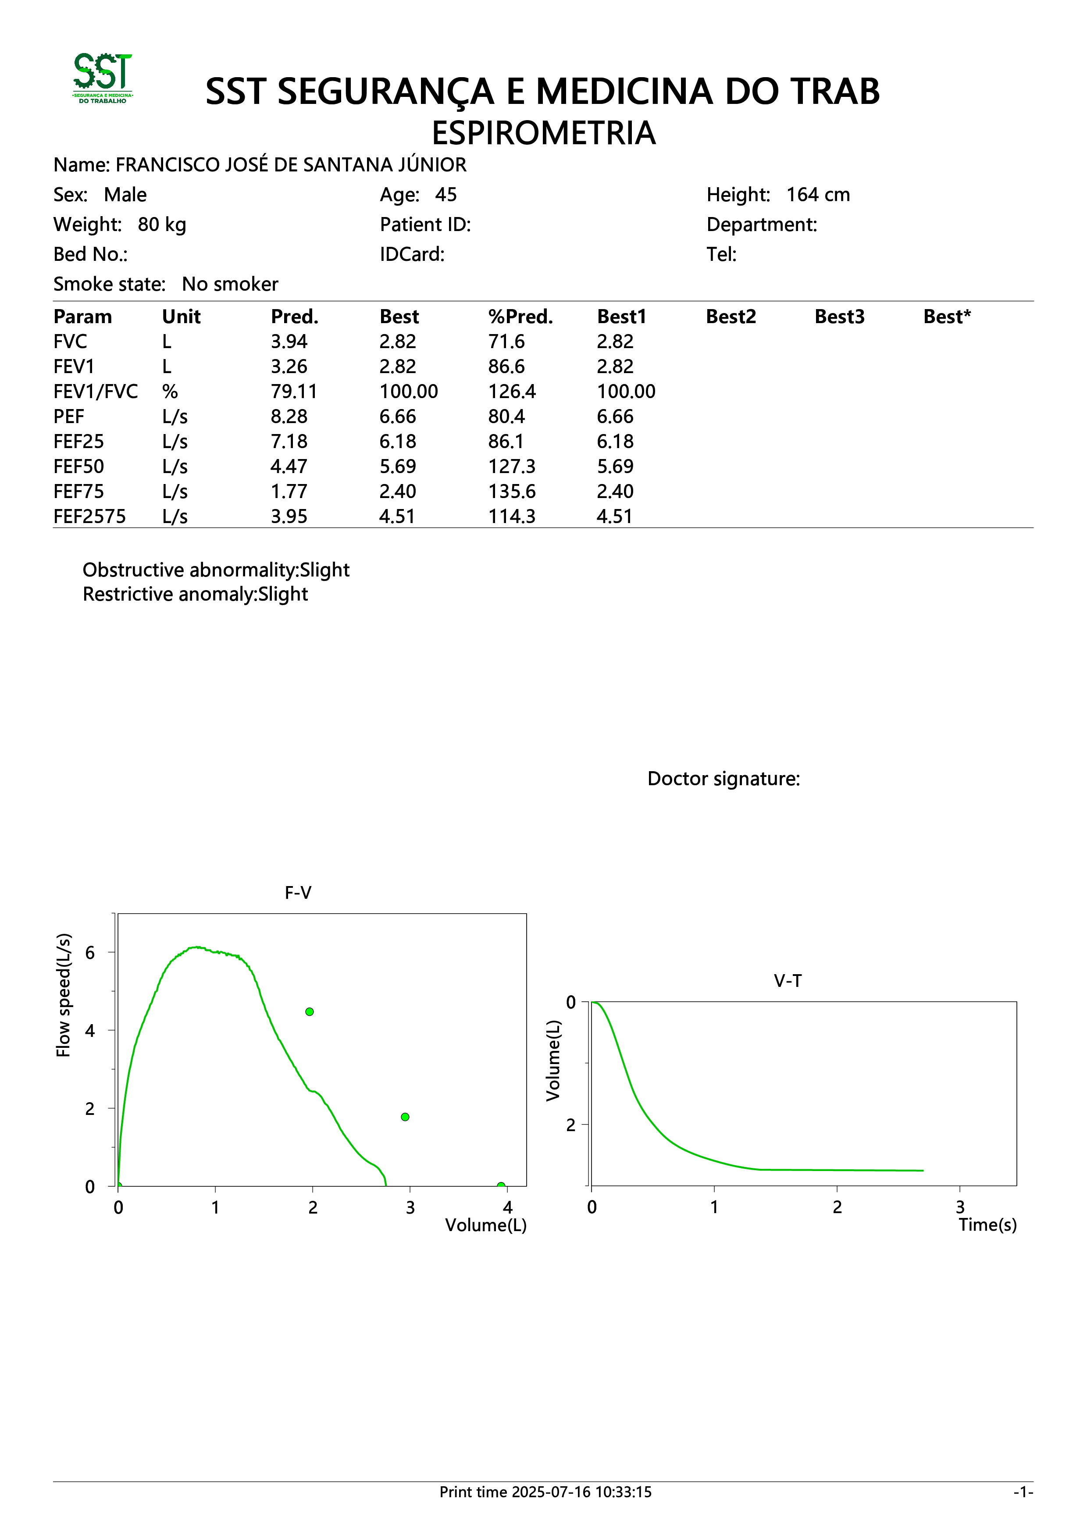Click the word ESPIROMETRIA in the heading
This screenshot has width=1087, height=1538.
[543, 133]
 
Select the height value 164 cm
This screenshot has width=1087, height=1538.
[818, 195]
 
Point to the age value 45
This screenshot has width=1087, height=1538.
[446, 195]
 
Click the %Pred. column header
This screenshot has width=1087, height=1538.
[520, 317]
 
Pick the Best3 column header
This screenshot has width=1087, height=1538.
[839, 317]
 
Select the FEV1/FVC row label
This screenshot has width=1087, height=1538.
[96, 392]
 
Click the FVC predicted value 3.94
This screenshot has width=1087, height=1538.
[289, 342]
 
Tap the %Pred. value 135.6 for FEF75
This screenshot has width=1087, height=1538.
[512, 491]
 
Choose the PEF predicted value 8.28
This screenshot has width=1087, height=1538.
[289, 417]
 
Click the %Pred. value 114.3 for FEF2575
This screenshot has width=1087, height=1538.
[512, 516]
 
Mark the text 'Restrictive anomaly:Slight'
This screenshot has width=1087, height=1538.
[195, 594]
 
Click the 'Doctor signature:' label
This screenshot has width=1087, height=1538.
[723, 779]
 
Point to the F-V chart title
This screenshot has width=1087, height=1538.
[298, 893]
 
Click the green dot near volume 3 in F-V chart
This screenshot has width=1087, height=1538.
[405, 1117]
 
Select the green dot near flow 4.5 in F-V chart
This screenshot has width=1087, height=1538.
[310, 1011]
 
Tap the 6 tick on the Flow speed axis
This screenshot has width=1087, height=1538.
[90, 953]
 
